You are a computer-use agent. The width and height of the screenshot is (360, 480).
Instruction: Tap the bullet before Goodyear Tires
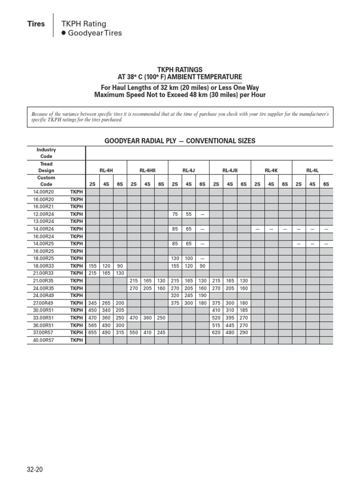64,33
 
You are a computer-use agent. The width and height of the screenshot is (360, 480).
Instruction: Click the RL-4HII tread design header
147,171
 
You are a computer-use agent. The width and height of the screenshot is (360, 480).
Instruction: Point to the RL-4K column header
271,171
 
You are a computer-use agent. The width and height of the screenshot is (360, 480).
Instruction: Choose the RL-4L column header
312,171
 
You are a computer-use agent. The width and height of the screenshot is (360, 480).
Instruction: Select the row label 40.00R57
44,340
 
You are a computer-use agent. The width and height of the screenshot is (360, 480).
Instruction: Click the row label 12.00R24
44,214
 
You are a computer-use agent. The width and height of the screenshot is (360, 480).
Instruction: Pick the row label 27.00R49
44,303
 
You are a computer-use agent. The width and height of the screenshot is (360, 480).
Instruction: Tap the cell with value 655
92,333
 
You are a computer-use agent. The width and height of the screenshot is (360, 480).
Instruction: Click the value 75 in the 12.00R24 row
174,214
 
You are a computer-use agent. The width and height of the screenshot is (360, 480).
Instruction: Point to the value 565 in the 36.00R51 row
92,325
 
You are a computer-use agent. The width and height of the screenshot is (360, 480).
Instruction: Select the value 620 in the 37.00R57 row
216,333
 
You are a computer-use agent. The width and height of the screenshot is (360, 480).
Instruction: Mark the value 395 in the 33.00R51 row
230,318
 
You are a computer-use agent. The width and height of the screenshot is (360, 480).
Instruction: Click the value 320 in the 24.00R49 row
174,296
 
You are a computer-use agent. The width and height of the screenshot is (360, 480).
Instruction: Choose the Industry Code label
46,153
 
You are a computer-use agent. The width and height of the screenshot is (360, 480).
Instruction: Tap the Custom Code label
46,181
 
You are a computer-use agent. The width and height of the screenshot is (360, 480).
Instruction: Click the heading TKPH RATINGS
180,69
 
